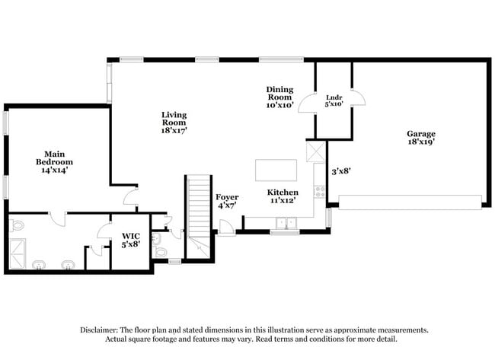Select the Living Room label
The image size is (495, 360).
pos(174,122)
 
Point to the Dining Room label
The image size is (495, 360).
pos(279,97)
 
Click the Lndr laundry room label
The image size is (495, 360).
pos(334,100)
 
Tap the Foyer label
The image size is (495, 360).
pos(227,201)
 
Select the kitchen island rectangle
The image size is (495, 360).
pos(275,168)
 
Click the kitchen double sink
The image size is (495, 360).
pos(286,223)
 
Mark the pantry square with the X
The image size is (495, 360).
pos(315,150)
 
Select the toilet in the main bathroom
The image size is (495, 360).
pos(18,225)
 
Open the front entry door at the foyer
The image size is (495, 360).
pos(225,227)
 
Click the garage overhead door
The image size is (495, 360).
pos(410,202)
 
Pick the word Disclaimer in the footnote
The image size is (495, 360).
pos(101,330)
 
